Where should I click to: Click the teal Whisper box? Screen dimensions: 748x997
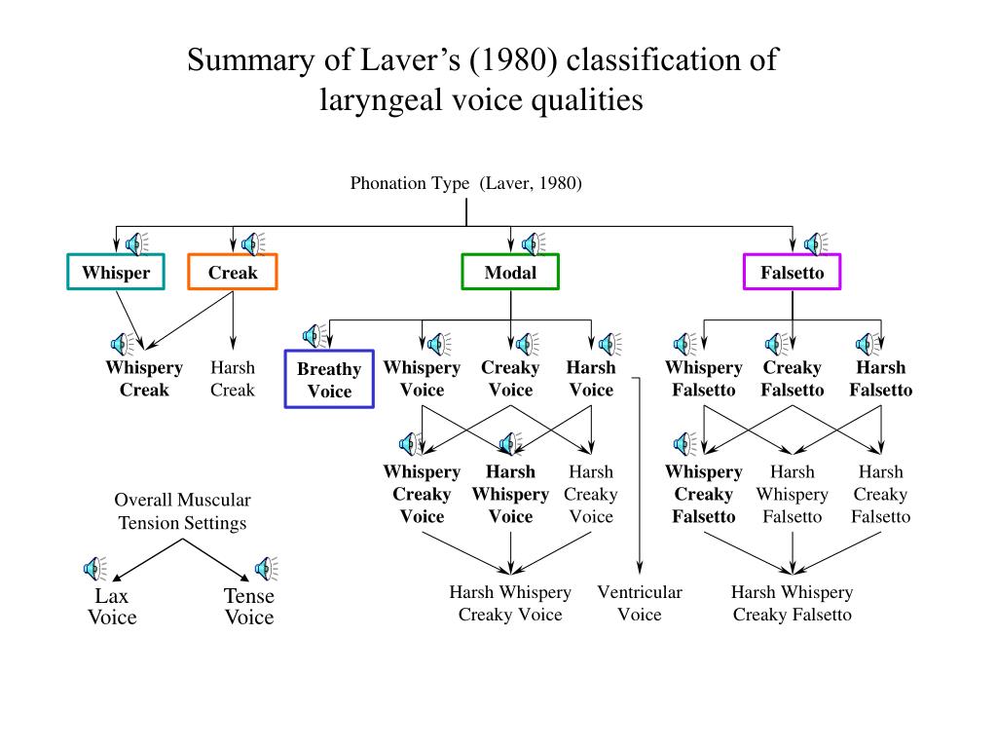click(116, 272)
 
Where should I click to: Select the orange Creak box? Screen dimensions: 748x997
click(233, 272)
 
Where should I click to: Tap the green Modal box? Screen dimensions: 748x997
click(510, 272)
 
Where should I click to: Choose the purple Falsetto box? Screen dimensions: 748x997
click(792, 272)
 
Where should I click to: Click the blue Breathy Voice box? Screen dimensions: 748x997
click(329, 380)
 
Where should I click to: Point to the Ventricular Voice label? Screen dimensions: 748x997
click(640, 603)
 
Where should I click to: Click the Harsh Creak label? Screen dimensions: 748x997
click(233, 379)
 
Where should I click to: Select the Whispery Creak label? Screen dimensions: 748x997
click(144, 379)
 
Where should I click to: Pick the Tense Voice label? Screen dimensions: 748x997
click(249, 606)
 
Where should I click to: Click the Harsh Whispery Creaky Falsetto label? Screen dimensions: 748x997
click(792, 603)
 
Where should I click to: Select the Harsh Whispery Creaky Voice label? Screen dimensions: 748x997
click(510, 603)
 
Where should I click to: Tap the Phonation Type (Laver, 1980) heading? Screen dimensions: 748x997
click(466, 183)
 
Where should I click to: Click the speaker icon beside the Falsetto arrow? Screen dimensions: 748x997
click(815, 243)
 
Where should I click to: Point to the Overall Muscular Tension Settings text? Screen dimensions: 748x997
click(182, 511)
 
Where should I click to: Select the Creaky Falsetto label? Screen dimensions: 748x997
click(792, 379)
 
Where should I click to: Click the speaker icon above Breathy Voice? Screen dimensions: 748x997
click(314, 336)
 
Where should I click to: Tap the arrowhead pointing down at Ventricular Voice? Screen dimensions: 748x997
click(640, 566)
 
